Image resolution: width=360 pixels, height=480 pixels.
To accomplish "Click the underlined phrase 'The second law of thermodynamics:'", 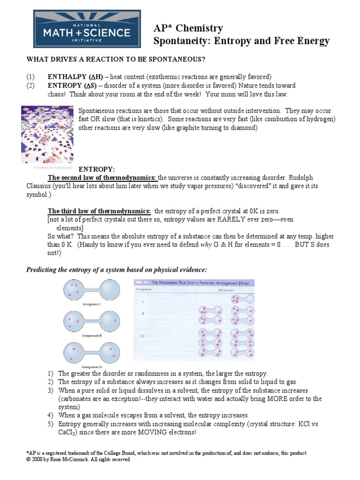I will coord(102,178).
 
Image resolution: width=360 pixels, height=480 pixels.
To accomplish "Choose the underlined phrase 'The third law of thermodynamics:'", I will coord(99,211).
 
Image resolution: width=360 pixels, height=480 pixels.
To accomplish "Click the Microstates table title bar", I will coord(194,283).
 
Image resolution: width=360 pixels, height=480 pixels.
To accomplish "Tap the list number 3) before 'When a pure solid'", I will coord(50,390).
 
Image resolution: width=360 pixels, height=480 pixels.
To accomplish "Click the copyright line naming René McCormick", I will coord(78,459).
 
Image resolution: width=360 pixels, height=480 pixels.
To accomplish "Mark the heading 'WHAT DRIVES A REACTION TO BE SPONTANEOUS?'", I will coord(116,60).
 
